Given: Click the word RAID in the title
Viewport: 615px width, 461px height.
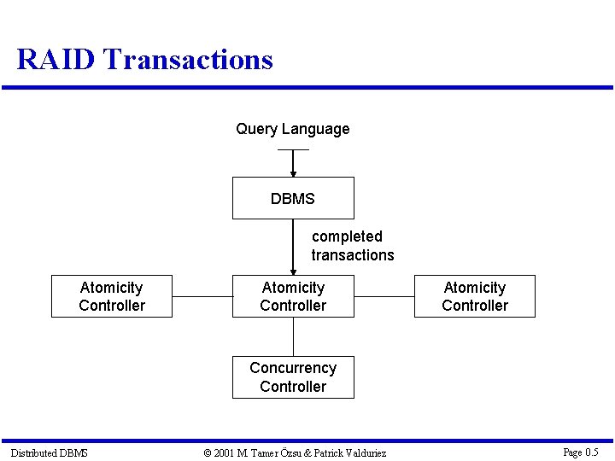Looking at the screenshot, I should [x=56, y=60].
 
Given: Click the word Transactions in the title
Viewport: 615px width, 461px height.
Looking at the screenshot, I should [x=188, y=60].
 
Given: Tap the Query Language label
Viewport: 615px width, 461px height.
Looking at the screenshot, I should [x=293, y=129].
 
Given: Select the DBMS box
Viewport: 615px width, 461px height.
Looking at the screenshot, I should [x=293, y=198].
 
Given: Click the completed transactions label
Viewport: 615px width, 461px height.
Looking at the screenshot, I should [x=352, y=246].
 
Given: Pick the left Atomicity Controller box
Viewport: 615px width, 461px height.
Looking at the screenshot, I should [x=112, y=296].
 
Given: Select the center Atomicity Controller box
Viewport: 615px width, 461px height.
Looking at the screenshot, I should [x=293, y=296].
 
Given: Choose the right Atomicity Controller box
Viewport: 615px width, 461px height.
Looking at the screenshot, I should [x=475, y=296].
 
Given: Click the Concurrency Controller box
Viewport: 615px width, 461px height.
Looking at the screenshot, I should [x=293, y=377].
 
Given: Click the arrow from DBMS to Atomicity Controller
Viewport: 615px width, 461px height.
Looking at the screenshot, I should [x=293, y=248].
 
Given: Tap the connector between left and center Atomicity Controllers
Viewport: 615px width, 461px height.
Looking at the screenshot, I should [x=202, y=297].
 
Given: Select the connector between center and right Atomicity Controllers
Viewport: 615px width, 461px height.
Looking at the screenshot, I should [x=384, y=297].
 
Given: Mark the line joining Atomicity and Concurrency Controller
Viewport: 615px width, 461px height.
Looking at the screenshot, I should [x=293, y=336].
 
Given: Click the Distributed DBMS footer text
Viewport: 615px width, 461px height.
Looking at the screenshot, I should [x=49, y=452].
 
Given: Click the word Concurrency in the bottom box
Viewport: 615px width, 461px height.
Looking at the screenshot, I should [x=293, y=368].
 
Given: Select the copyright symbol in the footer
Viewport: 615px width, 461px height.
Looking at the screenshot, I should [x=208, y=452].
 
